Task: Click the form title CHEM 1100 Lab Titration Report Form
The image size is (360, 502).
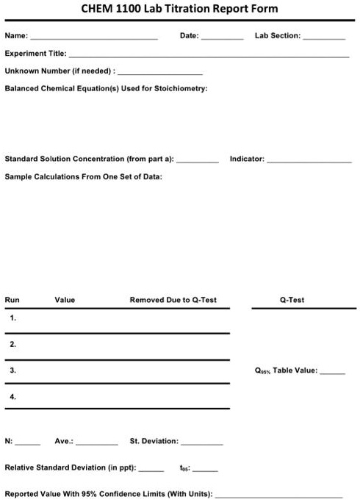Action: pyautogui.click(x=179, y=9)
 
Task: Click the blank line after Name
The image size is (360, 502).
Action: pyautogui.click(x=93, y=36)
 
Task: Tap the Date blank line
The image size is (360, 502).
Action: pyautogui.click(x=222, y=36)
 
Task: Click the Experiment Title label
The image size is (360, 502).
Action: pyautogui.click(x=35, y=54)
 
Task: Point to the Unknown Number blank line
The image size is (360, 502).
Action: pyautogui.click(x=160, y=72)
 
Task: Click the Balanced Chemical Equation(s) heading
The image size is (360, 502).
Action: pyautogui.click(x=106, y=88)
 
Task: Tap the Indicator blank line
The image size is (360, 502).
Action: pyautogui.click(x=309, y=159)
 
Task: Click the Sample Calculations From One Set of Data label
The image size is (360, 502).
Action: pyautogui.click(x=84, y=176)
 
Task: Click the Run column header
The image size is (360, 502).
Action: pyautogui.click(x=12, y=300)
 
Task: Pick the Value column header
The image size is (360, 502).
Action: pyautogui.click(x=65, y=300)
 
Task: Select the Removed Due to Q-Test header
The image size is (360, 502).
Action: pyautogui.click(x=173, y=300)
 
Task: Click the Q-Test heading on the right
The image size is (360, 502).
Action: pyautogui.click(x=292, y=300)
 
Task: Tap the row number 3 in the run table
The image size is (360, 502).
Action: pyautogui.click(x=13, y=370)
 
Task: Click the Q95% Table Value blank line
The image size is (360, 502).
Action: pyautogui.click(x=332, y=372)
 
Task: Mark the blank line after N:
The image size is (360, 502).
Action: pyautogui.click(x=28, y=442)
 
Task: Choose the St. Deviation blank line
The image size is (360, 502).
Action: pyautogui.click(x=202, y=442)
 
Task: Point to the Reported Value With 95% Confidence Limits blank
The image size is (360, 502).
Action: pyautogui.click(x=279, y=495)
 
